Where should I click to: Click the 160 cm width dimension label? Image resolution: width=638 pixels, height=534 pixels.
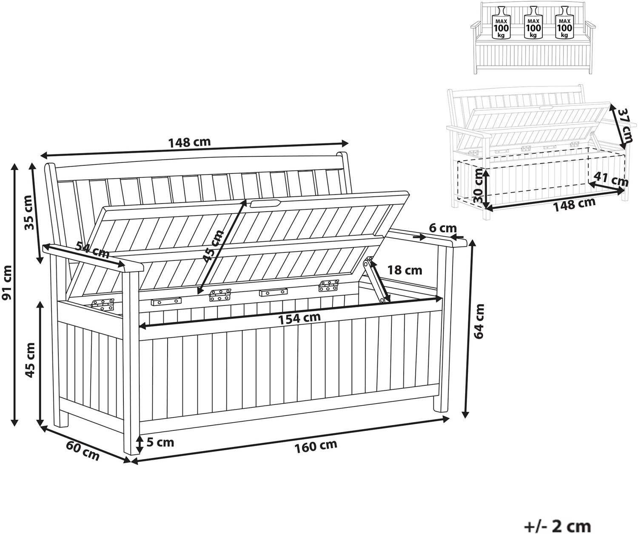(315, 446)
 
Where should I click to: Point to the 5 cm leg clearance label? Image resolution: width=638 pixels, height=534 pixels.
(160, 442)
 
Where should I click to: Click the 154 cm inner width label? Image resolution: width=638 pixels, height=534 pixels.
(299, 318)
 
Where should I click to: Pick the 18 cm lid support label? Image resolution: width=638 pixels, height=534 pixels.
(404, 270)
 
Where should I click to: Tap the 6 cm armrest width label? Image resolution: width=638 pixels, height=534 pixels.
(443, 228)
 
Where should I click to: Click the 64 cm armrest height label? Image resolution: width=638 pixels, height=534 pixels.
(479, 321)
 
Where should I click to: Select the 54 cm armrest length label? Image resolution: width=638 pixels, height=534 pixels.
(92, 249)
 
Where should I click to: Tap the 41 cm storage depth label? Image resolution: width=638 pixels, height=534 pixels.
(611, 179)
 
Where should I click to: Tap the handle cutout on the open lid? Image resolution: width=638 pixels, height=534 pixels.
(265, 203)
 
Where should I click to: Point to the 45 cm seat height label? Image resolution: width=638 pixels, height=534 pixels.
(30, 360)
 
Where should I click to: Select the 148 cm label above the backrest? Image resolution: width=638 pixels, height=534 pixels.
(189, 142)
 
